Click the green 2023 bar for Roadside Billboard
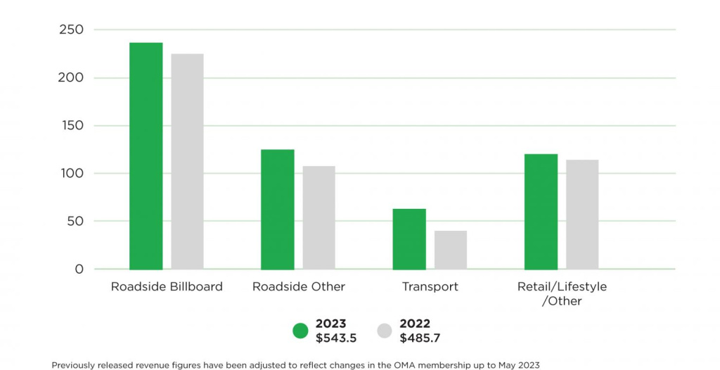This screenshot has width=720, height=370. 146,156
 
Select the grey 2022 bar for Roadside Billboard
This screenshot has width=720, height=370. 187,162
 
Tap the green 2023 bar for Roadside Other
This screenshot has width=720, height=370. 278,210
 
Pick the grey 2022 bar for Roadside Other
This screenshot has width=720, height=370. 319,218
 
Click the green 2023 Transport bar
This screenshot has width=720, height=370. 409,239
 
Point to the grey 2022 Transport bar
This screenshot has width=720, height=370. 450,250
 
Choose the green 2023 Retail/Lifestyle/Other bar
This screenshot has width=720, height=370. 541,212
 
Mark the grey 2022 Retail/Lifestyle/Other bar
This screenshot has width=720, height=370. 582,215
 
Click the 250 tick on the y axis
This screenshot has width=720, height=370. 72,30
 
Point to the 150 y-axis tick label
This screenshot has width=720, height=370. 72,125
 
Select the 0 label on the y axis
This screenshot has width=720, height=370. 79,269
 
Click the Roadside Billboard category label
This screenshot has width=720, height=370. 167,287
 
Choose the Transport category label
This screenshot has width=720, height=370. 430,287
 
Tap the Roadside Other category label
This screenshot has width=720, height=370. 299,287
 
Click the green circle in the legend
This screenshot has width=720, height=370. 300,331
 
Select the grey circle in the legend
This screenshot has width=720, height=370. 385,331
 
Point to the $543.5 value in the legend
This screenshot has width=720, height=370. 336,338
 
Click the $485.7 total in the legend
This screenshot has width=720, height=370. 420,338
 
